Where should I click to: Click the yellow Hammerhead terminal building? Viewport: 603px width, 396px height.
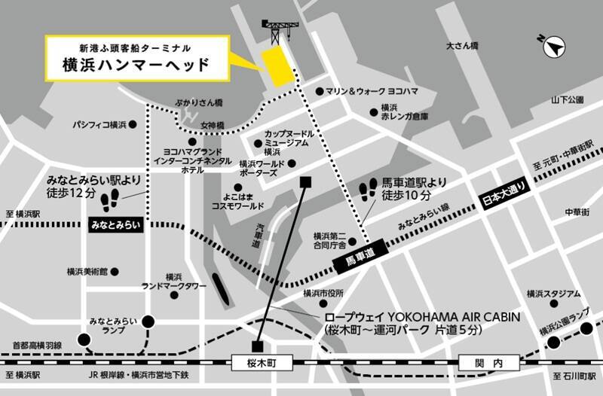click(x=277, y=66)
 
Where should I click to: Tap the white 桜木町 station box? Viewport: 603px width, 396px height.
click(x=262, y=364)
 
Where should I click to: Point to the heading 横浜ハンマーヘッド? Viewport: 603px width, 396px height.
click(x=136, y=65)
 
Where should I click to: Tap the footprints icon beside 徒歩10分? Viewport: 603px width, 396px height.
click(x=369, y=189)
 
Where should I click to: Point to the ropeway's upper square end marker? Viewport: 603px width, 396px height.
click(x=305, y=182)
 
